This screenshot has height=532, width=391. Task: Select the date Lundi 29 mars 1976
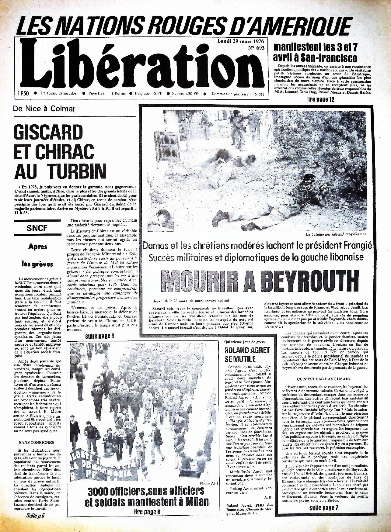(x=241, y=41)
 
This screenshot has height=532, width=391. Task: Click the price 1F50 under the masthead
(x=23, y=94)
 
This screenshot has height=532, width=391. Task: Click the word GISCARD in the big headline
(x=48, y=133)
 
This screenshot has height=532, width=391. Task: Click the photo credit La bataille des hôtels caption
(x=335, y=234)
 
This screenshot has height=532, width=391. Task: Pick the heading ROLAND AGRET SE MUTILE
(x=247, y=354)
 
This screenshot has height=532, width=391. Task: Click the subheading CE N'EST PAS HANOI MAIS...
(x=325, y=379)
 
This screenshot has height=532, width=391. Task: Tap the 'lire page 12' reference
(x=321, y=100)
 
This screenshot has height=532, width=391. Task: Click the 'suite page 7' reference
(x=324, y=508)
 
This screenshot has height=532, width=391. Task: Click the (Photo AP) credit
(x=208, y=483)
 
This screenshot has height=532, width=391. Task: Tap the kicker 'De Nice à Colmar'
(x=44, y=109)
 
